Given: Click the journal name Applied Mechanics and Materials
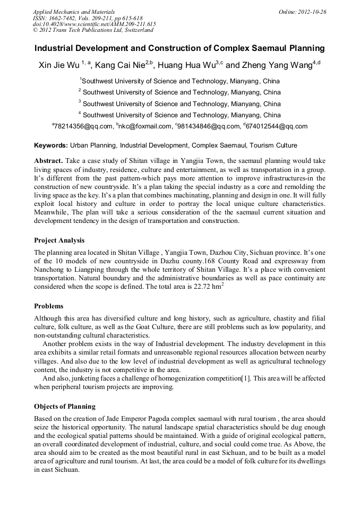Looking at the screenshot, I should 67,12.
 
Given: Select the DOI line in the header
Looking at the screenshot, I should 94,24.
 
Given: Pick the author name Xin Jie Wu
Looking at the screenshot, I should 58,65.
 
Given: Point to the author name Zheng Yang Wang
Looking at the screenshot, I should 277,65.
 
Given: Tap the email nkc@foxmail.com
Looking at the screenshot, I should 145,126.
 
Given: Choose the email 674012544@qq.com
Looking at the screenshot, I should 277,126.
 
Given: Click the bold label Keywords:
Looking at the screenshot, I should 51,145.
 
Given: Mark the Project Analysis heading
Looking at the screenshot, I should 59,240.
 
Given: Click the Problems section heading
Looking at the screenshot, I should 49,306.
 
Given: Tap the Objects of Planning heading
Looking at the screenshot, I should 65,407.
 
